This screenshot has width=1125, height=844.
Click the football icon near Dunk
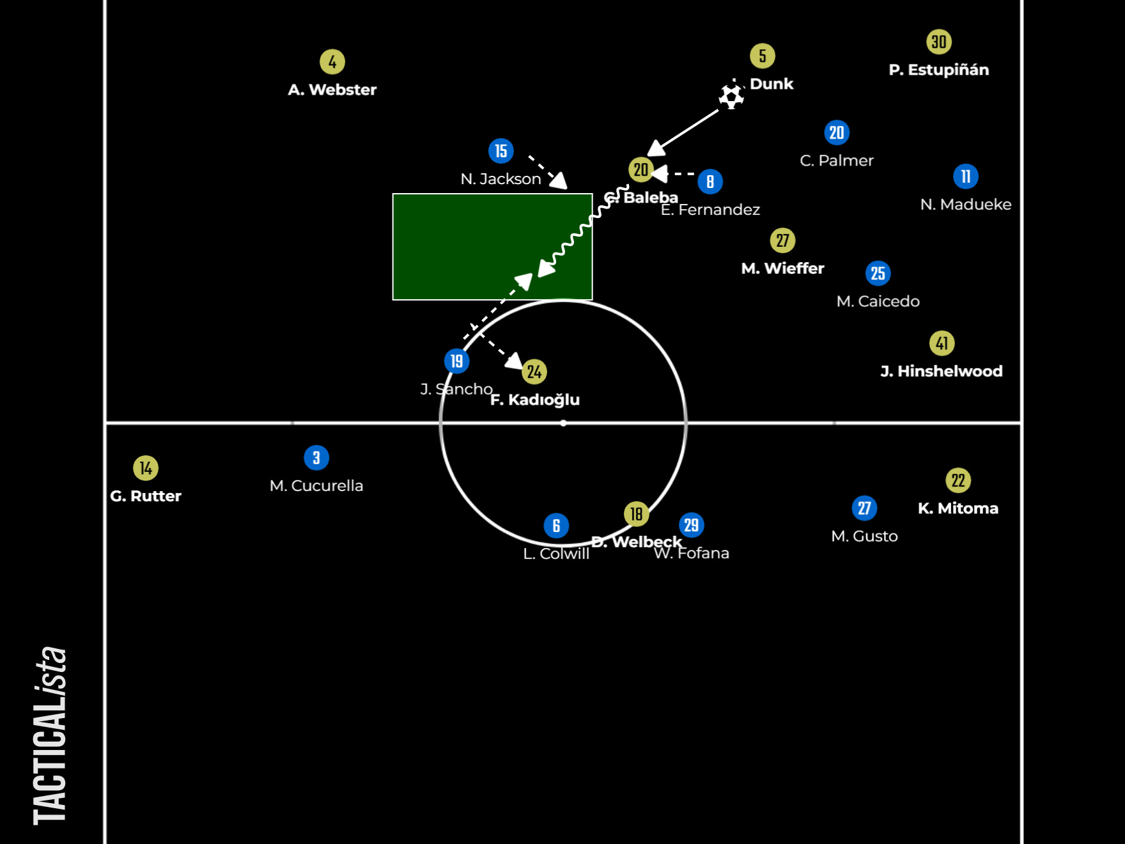731,96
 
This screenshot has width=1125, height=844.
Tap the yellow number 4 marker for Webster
332,62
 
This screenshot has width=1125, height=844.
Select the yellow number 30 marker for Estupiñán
939,42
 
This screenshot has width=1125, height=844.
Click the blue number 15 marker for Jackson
501,151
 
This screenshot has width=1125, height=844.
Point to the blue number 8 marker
710,182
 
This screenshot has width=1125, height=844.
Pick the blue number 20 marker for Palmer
837,133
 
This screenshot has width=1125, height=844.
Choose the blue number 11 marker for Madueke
966,176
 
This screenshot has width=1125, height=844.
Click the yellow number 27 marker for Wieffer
783,241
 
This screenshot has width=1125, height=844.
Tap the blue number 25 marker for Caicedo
878,274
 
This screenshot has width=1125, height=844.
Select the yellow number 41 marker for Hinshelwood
942,343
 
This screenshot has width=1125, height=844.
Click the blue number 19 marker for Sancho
456,361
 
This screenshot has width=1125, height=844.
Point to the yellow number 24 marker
534,371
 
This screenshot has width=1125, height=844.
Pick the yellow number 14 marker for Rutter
146,468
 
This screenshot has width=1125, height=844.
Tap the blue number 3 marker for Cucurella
316,458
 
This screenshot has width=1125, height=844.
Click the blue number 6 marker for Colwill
556,526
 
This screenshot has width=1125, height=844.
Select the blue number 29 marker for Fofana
692,526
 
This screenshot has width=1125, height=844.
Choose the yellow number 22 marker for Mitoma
958,481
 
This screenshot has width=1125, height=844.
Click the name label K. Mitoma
958,508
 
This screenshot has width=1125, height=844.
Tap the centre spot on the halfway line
563,423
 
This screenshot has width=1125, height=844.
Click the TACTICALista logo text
50,735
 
